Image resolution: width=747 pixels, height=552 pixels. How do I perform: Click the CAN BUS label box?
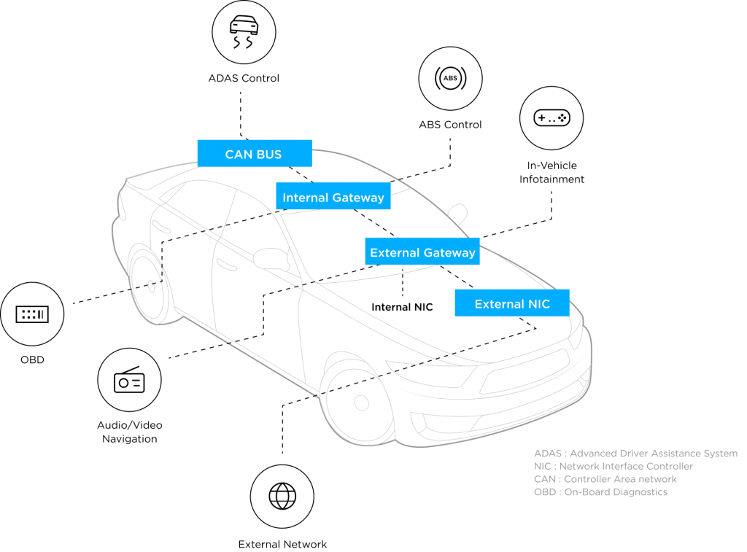(x=254, y=153)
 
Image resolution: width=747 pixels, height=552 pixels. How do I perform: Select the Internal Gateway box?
(x=333, y=197)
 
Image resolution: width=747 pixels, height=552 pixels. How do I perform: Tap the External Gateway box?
(x=422, y=252)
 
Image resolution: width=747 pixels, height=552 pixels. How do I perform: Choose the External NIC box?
(x=511, y=303)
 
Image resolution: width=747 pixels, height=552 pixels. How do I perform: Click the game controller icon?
(x=552, y=117)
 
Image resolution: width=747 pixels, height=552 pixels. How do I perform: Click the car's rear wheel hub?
(x=152, y=286)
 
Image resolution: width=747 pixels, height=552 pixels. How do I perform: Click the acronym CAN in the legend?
(x=545, y=479)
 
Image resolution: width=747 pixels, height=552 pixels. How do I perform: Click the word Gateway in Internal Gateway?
(x=358, y=198)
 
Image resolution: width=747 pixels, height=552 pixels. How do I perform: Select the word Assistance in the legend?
(x=665, y=454)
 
